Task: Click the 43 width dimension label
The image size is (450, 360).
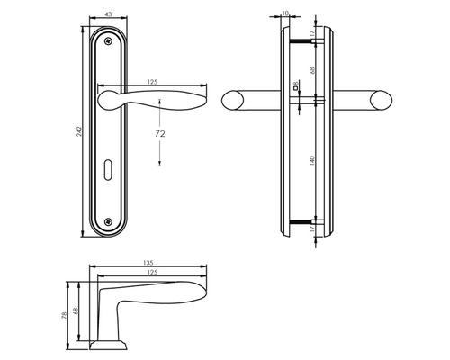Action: pyautogui.click(x=108, y=13)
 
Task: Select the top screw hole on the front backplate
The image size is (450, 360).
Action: pyautogui.click(x=108, y=40)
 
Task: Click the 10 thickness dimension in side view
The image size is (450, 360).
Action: pyautogui.click(x=285, y=13)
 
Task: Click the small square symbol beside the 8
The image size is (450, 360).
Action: pyautogui.click(x=298, y=82)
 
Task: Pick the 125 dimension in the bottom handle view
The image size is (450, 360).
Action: pyautogui.click(x=153, y=272)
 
